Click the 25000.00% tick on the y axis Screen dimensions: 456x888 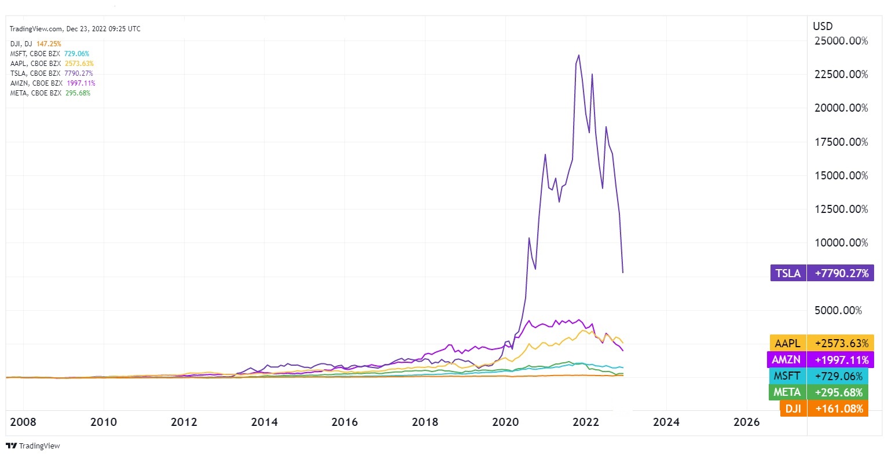[841, 41]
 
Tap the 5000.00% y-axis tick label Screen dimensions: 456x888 [838, 311]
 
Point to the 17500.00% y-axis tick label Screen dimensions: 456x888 [841, 142]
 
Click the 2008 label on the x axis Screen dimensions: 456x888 [23, 422]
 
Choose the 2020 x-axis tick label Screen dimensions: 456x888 [505, 422]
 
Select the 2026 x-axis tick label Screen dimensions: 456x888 [746, 422]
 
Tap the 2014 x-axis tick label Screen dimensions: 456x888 [264, 422]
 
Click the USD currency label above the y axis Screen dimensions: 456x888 [823, 26]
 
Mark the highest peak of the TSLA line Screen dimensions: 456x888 [578, 56]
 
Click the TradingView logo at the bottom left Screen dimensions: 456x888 [33, 446]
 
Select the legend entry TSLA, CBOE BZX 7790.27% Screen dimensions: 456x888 [52, 73]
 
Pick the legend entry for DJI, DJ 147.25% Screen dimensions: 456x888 [35, 44]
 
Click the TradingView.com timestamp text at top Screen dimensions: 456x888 [75, 29]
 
